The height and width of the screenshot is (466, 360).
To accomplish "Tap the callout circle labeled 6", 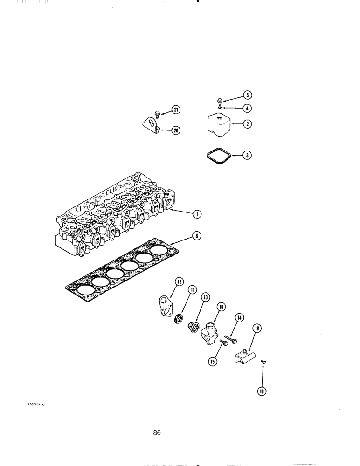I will (198, 236).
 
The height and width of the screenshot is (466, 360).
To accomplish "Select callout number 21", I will (175, 110).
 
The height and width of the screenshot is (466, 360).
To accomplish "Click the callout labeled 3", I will (248, 156).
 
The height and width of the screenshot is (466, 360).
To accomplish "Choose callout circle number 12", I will (180, 281).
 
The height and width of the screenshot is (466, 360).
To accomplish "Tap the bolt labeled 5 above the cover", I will (221, 100).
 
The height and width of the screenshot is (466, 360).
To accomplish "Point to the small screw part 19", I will (264, 361).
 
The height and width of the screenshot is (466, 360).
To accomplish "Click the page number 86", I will (157, 432).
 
